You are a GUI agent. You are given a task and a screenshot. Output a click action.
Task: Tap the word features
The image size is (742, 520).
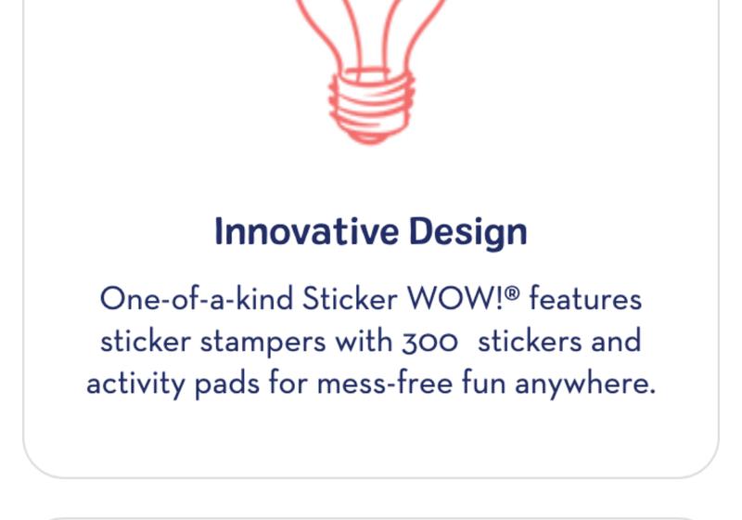(586, 299)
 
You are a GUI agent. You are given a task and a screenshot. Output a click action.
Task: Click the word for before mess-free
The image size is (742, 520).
(288, 383)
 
